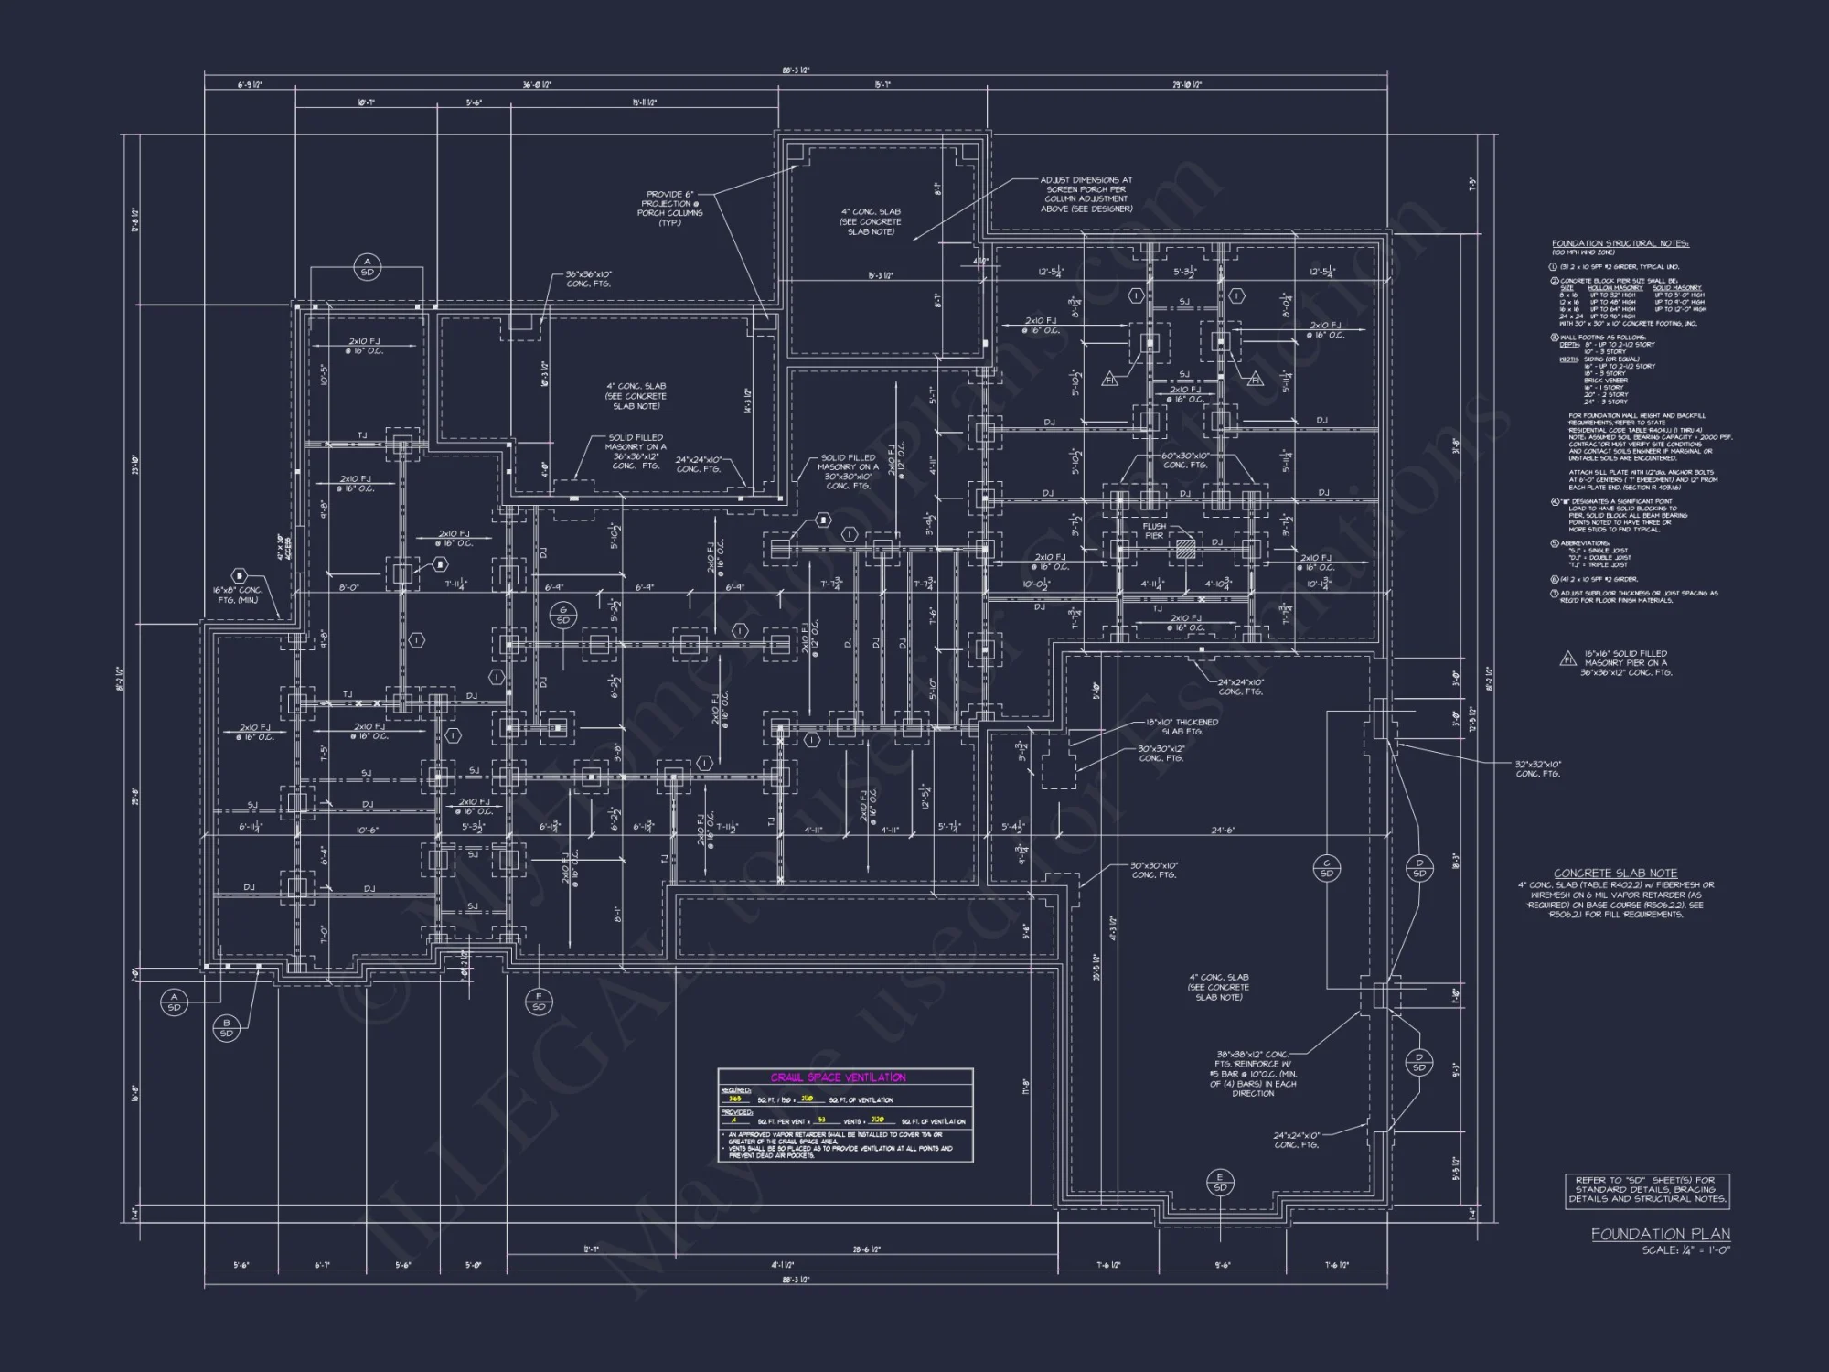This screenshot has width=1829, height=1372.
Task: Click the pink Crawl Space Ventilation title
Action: click(838, 1077)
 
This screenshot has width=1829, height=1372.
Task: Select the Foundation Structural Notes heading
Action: click(1620, 244)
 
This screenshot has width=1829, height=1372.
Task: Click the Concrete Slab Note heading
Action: click(1615, 874)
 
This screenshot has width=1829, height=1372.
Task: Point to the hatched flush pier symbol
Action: click(1186, 548)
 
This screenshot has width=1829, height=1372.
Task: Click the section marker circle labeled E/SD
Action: click(1220, 1182)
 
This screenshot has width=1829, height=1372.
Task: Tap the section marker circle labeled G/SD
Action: click(563, 616)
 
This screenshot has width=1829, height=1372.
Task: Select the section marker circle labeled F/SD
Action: click(539, 1002)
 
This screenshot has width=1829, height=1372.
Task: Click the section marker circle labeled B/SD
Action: click(226, 1027)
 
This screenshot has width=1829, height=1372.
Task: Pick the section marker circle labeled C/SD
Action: click(1326, 868)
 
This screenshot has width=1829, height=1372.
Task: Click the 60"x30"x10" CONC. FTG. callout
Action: click(1185, 460)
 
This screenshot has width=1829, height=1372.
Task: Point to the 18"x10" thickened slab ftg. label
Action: click(1182, 726)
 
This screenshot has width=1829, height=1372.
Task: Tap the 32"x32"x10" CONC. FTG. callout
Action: click(1538, 768)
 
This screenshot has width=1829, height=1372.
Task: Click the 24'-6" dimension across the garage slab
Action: click(1223, 831)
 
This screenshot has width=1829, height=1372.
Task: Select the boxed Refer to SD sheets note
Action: click(1647, 1189)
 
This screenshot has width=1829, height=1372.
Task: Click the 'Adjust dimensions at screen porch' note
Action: click(1086, 195)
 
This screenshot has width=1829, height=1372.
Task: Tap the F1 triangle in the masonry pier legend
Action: click(1567, 659)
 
